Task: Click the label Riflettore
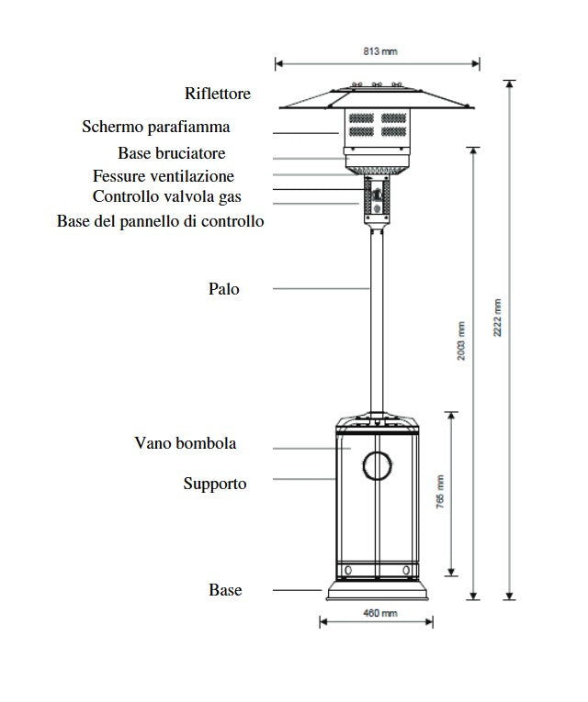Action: [217, 94]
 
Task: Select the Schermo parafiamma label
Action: [155, 127]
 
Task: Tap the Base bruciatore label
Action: [171, 153]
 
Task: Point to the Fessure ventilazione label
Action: [164, 176]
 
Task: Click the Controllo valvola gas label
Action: [167, 196]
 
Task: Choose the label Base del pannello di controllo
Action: [160, 221]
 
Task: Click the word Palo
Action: [223, 289]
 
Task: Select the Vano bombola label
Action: [185, 443]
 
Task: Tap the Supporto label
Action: [214, 483]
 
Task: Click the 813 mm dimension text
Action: [377, 52]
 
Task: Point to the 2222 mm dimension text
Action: [498, 318]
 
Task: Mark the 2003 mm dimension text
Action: [461, 340]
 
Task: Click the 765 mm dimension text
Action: [440, 493]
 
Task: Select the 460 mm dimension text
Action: [376, 612]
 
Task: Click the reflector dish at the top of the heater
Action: [377, 98]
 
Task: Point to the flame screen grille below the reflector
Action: [377, 126]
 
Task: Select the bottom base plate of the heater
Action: [377, 592]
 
